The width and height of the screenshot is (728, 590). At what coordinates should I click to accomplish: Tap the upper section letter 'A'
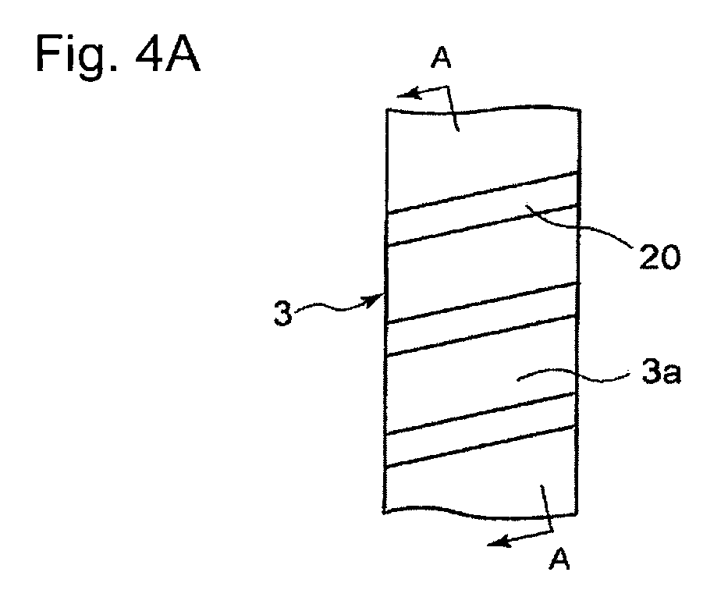pyautogui.click(x=441, y=59)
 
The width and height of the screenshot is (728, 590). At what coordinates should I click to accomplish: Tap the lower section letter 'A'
pyautogui.click(x=559, y=559)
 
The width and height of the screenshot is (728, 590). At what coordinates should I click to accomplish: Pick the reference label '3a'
pyautogui.click(x=661, y=371)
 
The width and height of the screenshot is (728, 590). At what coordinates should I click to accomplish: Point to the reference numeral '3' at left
pyautogui.click(x=282, y=313)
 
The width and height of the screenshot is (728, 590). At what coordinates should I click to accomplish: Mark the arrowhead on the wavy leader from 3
pyautogui.click(x=375, y=300)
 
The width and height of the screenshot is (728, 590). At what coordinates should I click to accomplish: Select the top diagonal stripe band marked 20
pyautogui.click(x=482, y=208)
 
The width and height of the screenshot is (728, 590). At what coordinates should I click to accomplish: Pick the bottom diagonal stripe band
pyautogui.click(x=481, y=429)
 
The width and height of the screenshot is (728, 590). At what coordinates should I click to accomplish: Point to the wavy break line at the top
pyautogui.click(x=483, y=109)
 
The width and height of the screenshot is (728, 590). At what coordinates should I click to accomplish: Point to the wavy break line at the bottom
pyautogui.click(x=480, y=512)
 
